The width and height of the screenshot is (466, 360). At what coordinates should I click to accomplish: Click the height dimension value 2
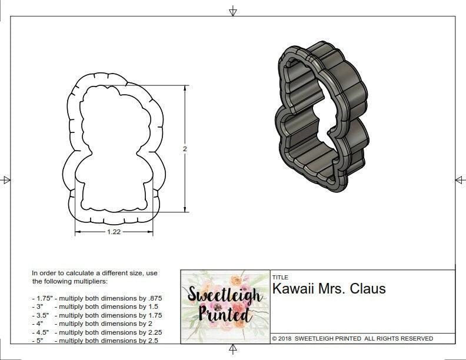coord(185,149)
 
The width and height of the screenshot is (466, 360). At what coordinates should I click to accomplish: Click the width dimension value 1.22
coord(114,232)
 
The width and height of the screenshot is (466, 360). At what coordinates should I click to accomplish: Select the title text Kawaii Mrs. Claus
coord(329,289)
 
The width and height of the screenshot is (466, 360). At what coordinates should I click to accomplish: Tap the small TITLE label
coord(279,277)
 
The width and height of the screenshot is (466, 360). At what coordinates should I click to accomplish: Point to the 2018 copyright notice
coord(352,339)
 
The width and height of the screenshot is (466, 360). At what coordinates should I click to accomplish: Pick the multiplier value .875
coord(155,298)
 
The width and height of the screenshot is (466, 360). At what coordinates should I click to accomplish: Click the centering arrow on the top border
coord(233,11)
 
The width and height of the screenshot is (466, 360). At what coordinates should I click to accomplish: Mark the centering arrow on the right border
coord(460,180)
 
